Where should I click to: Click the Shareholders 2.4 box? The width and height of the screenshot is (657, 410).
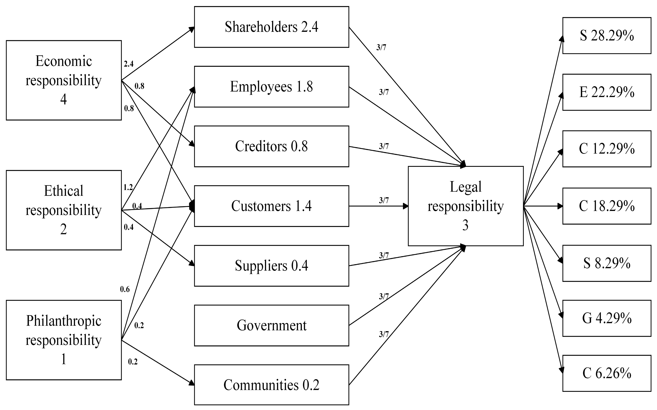271,27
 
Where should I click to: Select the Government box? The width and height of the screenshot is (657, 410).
271,325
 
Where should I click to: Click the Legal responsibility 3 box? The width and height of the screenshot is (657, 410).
466,206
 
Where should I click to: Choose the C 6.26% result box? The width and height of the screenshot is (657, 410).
607,373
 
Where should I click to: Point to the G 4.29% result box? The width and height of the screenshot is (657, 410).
607,318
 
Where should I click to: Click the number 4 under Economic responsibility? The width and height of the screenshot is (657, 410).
64,99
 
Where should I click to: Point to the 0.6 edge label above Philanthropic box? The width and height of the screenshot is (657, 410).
125,289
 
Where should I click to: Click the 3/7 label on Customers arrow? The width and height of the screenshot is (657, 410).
384,200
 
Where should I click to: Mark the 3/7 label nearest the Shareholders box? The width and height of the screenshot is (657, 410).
381,47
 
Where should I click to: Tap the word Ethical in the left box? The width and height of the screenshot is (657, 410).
64,191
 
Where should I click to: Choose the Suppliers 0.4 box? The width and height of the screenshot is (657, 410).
271,266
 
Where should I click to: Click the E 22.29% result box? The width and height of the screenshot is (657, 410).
607,92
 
